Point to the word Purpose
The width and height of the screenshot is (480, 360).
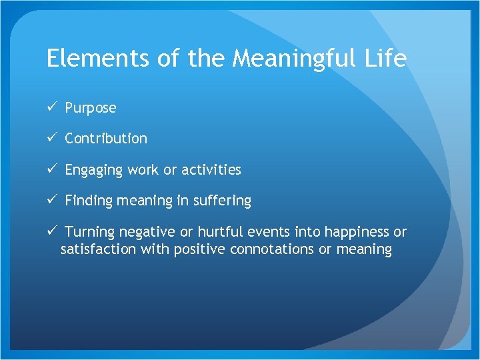point(91,108)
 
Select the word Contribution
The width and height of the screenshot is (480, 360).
point(106,139)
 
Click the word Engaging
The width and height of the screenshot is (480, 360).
point(94,170)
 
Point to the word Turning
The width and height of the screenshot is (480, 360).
point(90,232)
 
